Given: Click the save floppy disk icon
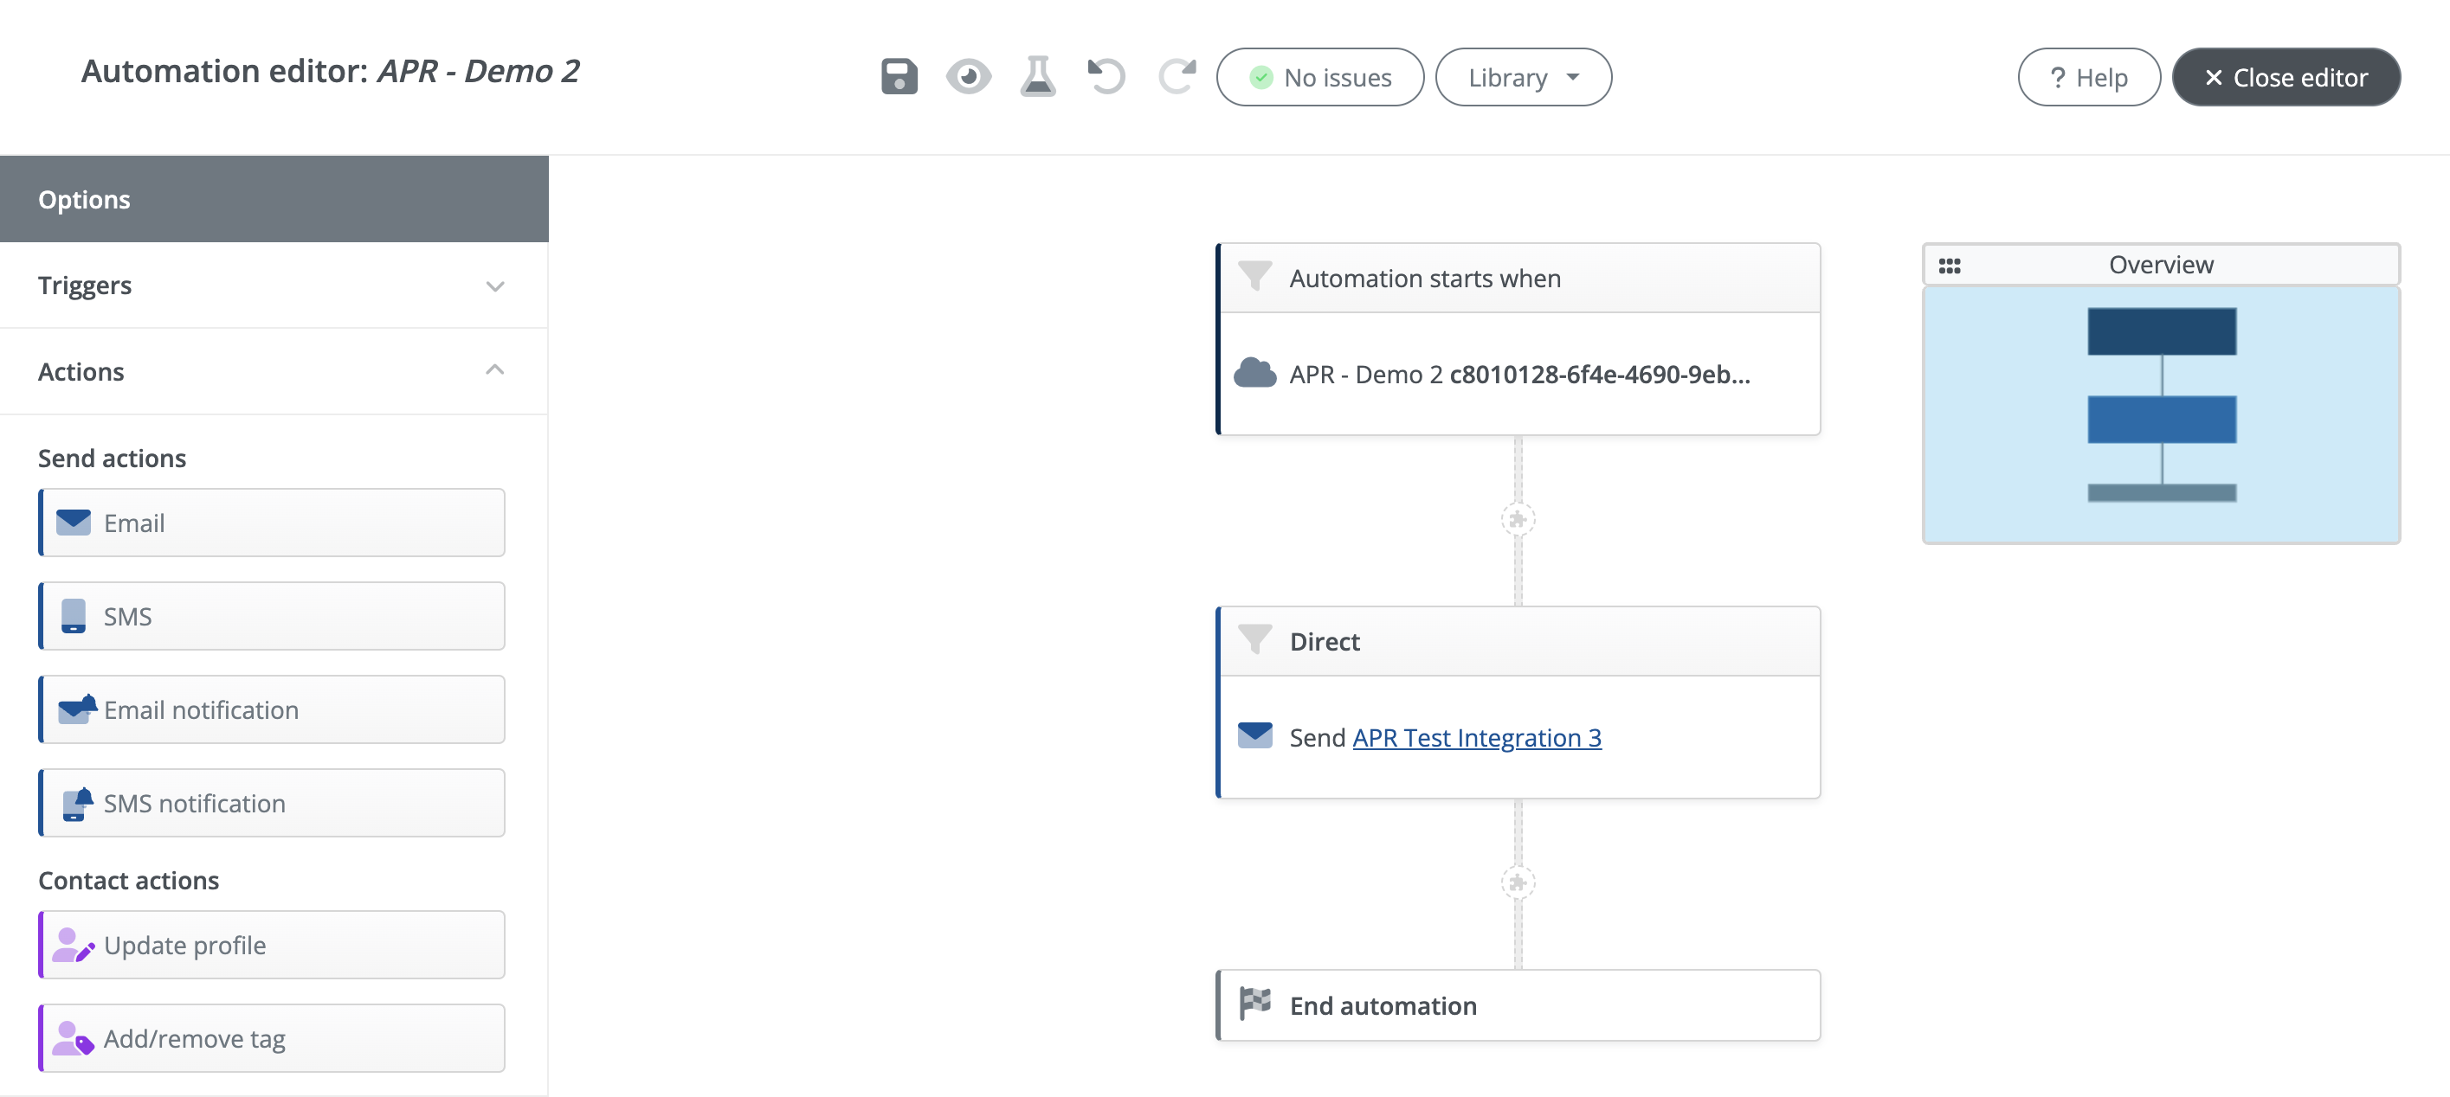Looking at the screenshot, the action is point(899,77).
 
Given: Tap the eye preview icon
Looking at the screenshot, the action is point(968,77).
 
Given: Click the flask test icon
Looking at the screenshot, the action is point(1038,77).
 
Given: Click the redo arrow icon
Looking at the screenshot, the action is point(1177,77).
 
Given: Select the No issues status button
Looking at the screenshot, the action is point(1320,77).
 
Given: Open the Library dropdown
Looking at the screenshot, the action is point(1523,77).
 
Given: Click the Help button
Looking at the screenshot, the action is point(2089,77).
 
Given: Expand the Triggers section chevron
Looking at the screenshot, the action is point(494,286).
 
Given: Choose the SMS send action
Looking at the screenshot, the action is point(272,616).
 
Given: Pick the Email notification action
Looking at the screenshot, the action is point(272,709).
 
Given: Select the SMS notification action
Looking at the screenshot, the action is point(272,802).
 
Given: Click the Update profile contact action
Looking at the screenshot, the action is point(272,945).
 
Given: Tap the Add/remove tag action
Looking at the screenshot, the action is point(272,1038).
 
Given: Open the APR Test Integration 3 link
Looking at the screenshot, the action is point(1476,738).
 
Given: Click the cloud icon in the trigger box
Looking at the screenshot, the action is point(1254,373).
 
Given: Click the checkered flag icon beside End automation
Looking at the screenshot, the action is point(1254,1003).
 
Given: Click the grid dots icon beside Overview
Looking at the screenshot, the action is point(1949,266).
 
